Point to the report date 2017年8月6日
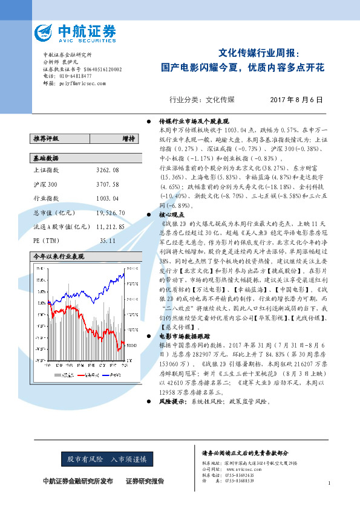[296, 100]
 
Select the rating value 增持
[128, 138]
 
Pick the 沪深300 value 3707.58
[108, 184]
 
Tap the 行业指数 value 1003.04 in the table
[108, 198]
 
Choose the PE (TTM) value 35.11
[108, 241]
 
